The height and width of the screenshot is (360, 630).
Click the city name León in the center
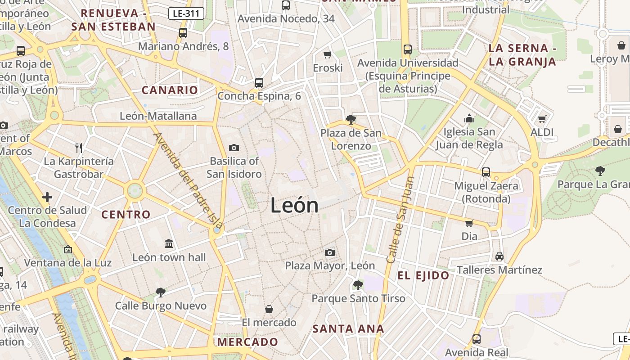point(294,206)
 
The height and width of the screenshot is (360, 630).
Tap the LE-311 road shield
point(186,13)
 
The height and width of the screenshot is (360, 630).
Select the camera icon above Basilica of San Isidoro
point(234,148)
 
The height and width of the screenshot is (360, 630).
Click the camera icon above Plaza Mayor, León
point(330,252)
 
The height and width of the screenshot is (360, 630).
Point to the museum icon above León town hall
point(169,244)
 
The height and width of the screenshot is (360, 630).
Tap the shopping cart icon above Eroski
point(328,54)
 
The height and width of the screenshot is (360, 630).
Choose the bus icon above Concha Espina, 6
point(259,82)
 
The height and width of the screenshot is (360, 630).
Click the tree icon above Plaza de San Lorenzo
point(351,119)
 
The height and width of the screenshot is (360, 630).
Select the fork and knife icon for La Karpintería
point(79,148)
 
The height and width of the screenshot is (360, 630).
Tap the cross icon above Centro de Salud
point(47,197)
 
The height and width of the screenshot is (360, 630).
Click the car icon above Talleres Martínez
point(499,256)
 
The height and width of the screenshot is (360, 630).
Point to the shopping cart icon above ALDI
point(542,119)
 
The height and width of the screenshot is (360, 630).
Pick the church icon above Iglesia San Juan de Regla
point(469,118)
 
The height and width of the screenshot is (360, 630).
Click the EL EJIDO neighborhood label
point(423,275)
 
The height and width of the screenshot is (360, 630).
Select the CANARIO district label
point(170,90)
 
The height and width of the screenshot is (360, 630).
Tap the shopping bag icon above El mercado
point(269,309)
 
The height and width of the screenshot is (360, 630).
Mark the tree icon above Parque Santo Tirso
point(358,285)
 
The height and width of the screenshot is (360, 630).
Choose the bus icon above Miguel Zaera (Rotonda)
point(486,172)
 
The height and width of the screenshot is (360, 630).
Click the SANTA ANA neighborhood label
point(348,328)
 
